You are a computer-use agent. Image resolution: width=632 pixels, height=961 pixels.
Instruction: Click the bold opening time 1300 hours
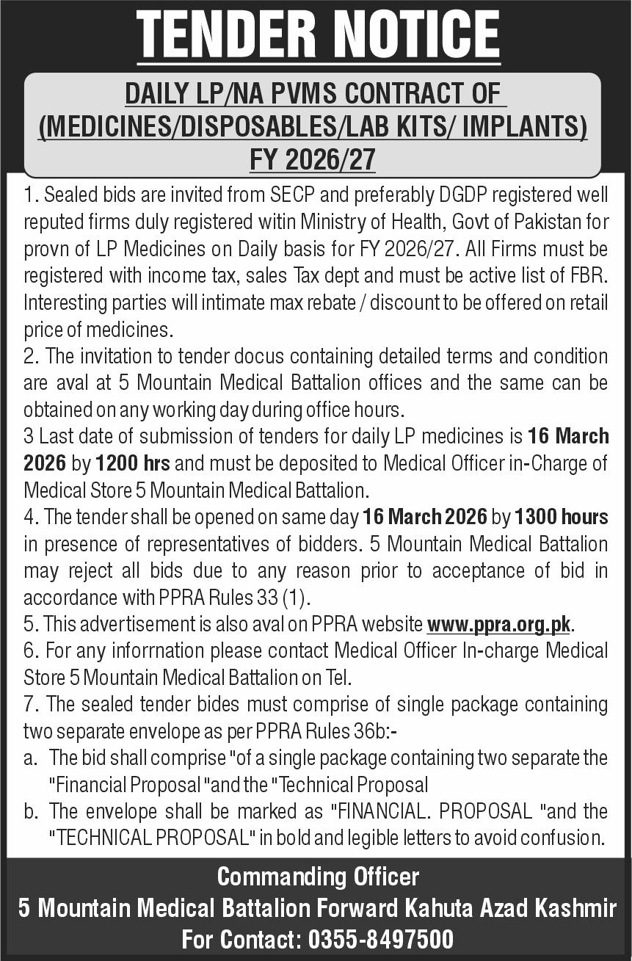(x=562, y=517)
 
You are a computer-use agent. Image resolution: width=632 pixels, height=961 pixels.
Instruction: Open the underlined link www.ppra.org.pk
(x=499, y=625)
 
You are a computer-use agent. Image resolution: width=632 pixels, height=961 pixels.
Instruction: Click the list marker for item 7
(x=30, y=704)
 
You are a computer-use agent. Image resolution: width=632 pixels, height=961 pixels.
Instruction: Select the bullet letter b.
(x=30, y=810)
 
